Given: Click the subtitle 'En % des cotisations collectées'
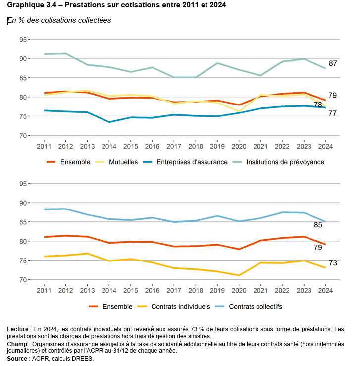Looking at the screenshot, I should (59, 20).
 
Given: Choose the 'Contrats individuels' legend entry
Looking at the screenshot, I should (179, 306).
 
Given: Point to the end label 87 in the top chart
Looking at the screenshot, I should (333, 63).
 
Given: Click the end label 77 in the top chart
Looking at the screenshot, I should (333, 113).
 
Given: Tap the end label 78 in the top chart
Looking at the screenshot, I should (317, 105).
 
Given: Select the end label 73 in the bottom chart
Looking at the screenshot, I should (333, 263).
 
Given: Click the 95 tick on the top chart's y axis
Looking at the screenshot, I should (22, 39).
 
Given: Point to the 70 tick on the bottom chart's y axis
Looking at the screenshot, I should (22, 280).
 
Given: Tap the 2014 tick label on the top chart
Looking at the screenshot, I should (108, 147).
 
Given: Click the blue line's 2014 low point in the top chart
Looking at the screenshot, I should (108, 122).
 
